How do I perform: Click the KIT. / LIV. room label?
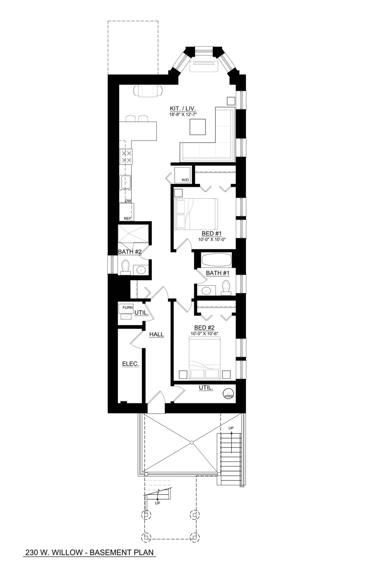click(183, 108)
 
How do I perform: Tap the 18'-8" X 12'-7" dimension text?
click(183, 114)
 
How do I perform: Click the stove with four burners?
click(126, 157)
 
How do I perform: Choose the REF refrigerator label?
click(127, 218)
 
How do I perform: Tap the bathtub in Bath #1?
click(216, 259)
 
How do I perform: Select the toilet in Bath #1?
click(226, 287)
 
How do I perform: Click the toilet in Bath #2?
click(125, 267)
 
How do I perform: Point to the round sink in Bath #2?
click(141, 269)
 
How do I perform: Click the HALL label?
click(157, 334)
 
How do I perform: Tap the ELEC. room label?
click(130, 364)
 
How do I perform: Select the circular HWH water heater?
click(228, 394)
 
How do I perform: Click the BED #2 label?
click(204, 328)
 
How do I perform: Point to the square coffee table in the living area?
click(198, 127)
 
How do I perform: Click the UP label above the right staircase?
click(231, 428)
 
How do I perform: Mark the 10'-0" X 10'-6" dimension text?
click(204, 334)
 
